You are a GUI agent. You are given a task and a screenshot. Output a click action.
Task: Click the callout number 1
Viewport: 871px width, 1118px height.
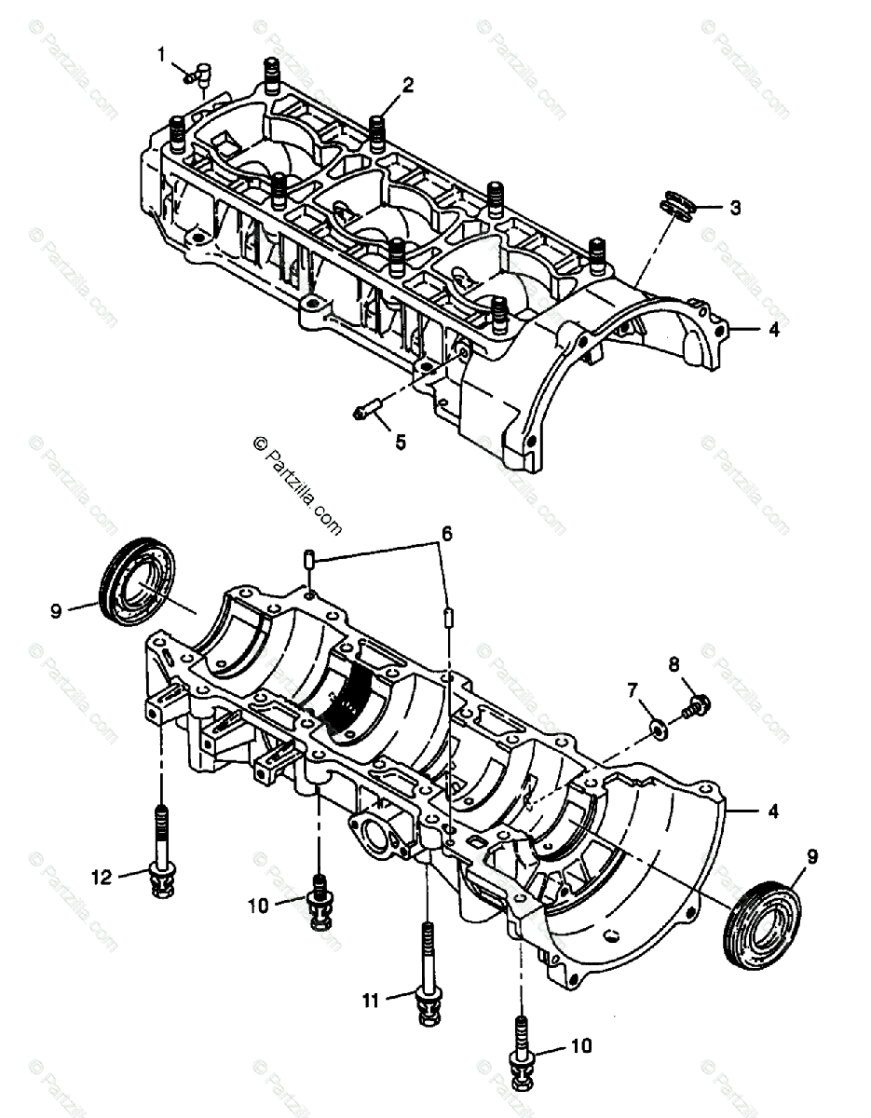pyautogui.click(x=161, y=55)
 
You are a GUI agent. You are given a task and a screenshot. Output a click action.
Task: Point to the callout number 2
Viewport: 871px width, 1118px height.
pyautogui.click(x=407, y=85)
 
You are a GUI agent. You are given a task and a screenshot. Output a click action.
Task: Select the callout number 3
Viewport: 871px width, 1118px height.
pyautogui.click(x=735, y=208)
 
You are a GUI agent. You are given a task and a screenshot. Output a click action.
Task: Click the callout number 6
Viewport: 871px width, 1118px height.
pyautogui.click(x=446, y=534)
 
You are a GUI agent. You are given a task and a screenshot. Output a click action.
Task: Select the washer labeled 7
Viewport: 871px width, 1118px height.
pyautogui.click(x=658, y=727)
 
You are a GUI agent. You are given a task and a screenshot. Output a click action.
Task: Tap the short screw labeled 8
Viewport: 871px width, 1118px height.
pyautogui.click(x=696, y=705)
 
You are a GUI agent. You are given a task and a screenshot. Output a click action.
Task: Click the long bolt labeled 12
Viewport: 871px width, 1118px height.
pyautogui.click(x=163, y=848)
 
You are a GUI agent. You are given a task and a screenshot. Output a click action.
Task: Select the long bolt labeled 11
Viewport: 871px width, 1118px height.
pyautogui.click(x=428, y=969)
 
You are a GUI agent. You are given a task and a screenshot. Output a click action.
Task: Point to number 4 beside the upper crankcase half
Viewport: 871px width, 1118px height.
pyautogui.click(x=773, y=330)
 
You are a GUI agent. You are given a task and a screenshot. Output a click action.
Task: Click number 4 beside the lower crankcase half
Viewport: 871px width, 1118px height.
pyautogui.click(x=773, y=811)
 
